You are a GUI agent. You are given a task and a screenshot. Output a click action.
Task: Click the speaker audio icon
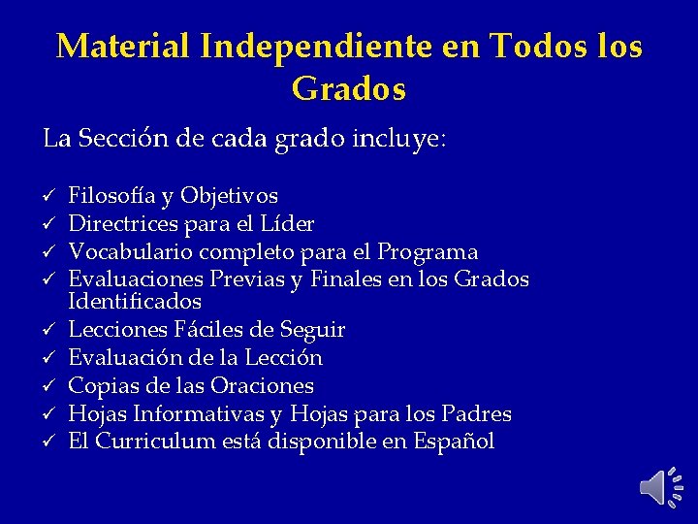660,484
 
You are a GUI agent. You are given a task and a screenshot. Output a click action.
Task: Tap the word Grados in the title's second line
348,90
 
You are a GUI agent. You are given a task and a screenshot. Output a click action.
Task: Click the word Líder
287,224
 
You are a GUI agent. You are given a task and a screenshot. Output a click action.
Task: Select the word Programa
428,252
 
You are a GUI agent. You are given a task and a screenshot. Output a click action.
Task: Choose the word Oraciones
264,385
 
